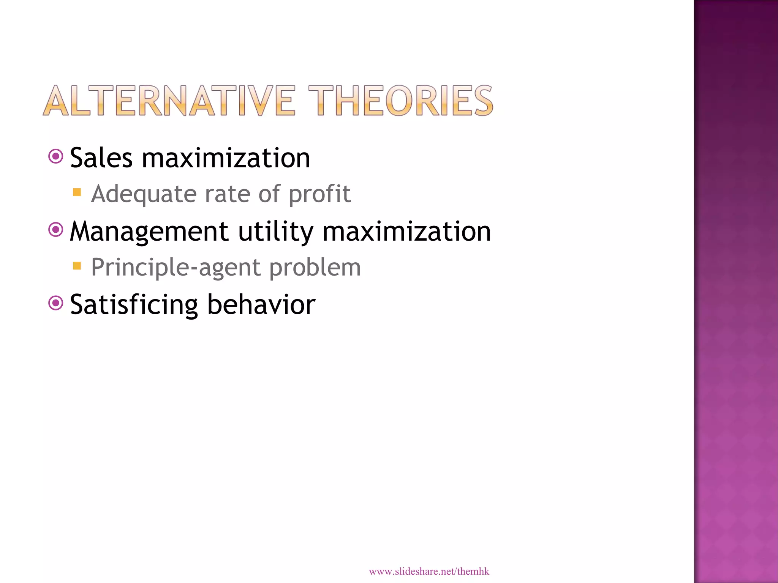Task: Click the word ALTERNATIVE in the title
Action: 169,101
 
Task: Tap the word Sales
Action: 101,158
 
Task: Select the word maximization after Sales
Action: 226,158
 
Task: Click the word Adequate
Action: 144,194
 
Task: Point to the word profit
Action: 319,194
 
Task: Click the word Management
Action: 149,232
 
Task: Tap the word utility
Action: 275,232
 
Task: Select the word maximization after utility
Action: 406,232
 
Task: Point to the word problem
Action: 315,268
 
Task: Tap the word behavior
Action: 261,305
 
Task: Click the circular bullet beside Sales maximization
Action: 56,156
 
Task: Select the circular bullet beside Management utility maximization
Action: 56,230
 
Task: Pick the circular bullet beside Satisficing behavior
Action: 56,303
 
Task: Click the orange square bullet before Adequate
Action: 77,192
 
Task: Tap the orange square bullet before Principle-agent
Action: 77,266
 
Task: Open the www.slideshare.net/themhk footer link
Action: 429,571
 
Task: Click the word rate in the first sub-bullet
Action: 227,194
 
